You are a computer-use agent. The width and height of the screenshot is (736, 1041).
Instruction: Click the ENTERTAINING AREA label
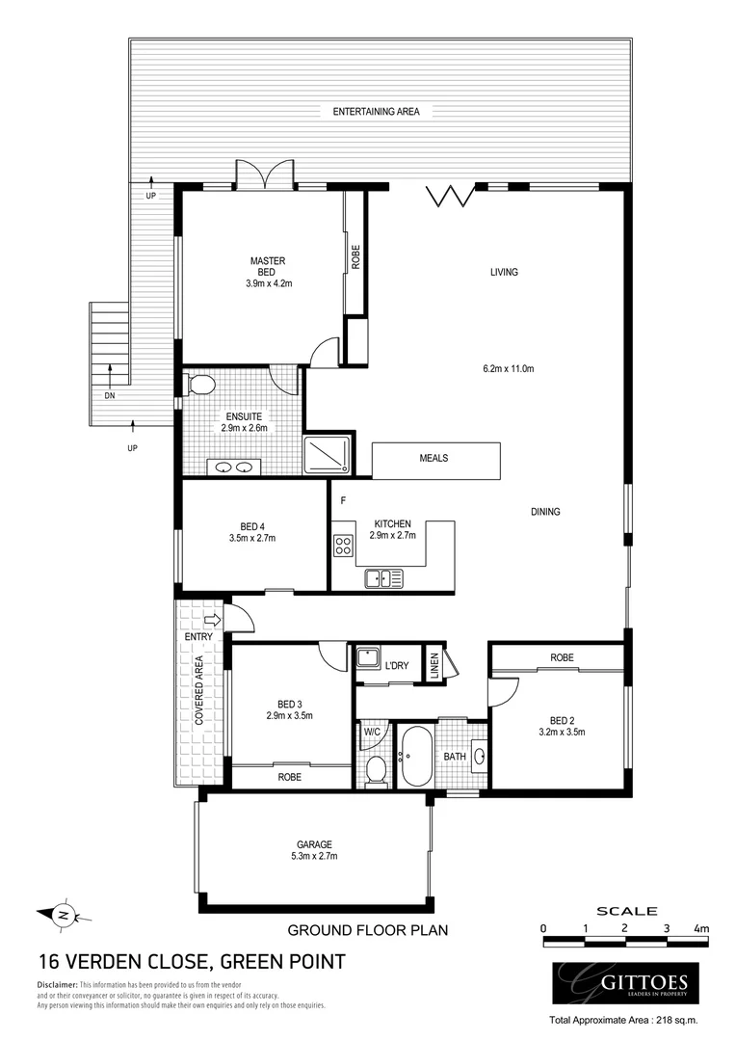pos(376,112)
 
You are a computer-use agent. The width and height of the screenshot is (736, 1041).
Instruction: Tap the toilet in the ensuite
pos(200,386)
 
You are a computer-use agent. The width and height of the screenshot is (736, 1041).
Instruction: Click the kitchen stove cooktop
pos(343,547)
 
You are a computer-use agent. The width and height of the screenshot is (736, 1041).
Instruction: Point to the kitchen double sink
pos(383,578)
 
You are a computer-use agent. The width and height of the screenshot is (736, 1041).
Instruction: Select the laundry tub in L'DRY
pos(367,659)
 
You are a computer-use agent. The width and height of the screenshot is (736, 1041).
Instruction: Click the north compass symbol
pos(63,914)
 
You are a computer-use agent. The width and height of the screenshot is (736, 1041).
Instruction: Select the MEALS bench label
pos(434,459)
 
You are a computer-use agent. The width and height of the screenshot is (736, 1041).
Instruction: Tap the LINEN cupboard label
pos(434,664)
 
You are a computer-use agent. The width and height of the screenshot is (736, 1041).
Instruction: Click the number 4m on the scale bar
pos(701,928)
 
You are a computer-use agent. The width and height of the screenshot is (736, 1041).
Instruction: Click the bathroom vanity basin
pos(481,757)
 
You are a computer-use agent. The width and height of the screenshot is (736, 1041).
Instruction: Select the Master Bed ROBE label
pos(355,256)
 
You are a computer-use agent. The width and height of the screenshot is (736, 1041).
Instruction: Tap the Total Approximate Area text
pos(622,1020)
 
